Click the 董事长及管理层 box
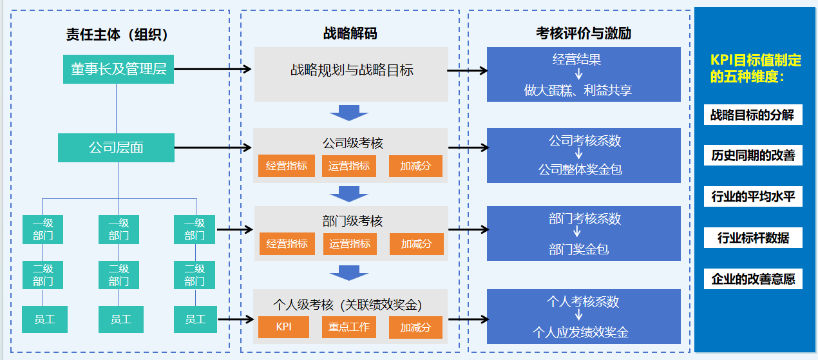(x=118, y=70)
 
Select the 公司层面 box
(x=116, y=147)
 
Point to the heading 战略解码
(x=350, y=33)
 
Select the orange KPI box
(x=283, y=327)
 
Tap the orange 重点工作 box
(x=349, y=327)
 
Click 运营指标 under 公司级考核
(x=349, y=166)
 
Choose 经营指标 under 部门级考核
(x=287, y=243)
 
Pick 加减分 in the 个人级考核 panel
(x=415, y=327)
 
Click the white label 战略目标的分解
(x=753, y=115)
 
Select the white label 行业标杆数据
(x=753, y=238)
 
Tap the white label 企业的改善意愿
(x=753, y=279)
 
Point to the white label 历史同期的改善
(x=753, y=156)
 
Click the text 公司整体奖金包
(x=580, y=170)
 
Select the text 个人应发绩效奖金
(x=580, y=332)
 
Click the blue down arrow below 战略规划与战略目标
(x=349, y=113)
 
